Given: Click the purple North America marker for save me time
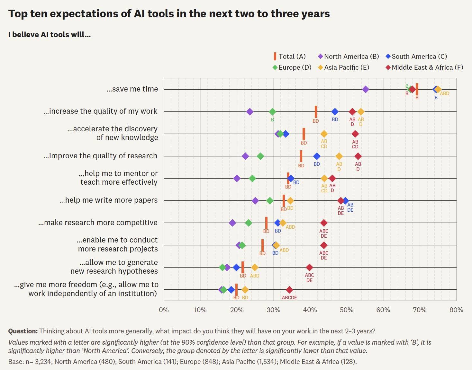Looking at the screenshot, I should click(x=365, y=89).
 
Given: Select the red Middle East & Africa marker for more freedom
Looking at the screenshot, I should click(x=289, y=290).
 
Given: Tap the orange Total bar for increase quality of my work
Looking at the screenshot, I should click(x=316, y=112).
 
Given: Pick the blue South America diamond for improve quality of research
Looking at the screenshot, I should click(x=317, y=156).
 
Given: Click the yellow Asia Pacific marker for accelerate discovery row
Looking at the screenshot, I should click(x=324, y=134).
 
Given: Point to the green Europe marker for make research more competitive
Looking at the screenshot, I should click(x=249, y=223).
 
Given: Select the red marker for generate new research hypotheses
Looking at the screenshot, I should click(x=309, y=267).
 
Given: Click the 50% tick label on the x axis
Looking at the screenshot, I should click(x=346, y=310).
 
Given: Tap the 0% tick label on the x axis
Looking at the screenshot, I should click(x=164, y=310).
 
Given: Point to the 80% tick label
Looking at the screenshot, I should click(x=456, y=310).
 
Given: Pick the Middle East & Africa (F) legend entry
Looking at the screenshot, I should click(x=424, y=67).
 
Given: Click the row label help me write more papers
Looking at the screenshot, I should click(x=108, y=200).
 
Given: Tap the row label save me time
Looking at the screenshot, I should click(x=132, y=89).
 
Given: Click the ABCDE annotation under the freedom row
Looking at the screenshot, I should click(x=289, y=298).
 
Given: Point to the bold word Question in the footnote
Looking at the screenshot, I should click(x=23, y=331).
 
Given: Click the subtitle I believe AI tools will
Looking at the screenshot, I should click(x=50, y=35).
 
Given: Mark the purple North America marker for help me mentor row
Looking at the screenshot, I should click(x=237, y=178).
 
